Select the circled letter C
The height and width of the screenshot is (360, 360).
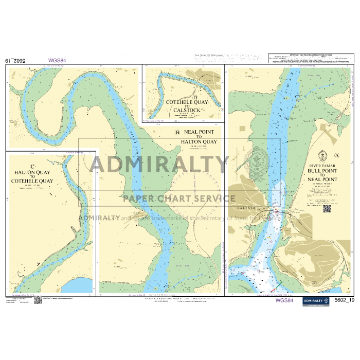pyautogui.click(x=33, y=166)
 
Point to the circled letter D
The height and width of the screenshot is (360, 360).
pyautogui.click(x=195, y=97)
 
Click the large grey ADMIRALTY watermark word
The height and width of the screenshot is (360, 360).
pyautogui.click(x=159, y=165)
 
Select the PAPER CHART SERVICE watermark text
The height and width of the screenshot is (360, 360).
pyautogui.click(x=179, y=199)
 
